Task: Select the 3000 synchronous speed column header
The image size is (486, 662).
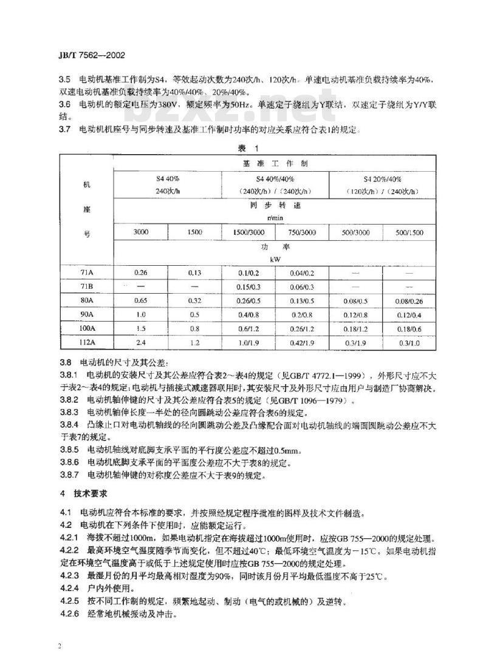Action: (142, 233)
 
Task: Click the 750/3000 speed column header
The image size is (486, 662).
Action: (302, 233)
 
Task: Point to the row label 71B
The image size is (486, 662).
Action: (86, 287)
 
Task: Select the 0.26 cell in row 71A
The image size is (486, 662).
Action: (141, 273)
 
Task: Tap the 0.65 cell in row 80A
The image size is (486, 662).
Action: (141, 300)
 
